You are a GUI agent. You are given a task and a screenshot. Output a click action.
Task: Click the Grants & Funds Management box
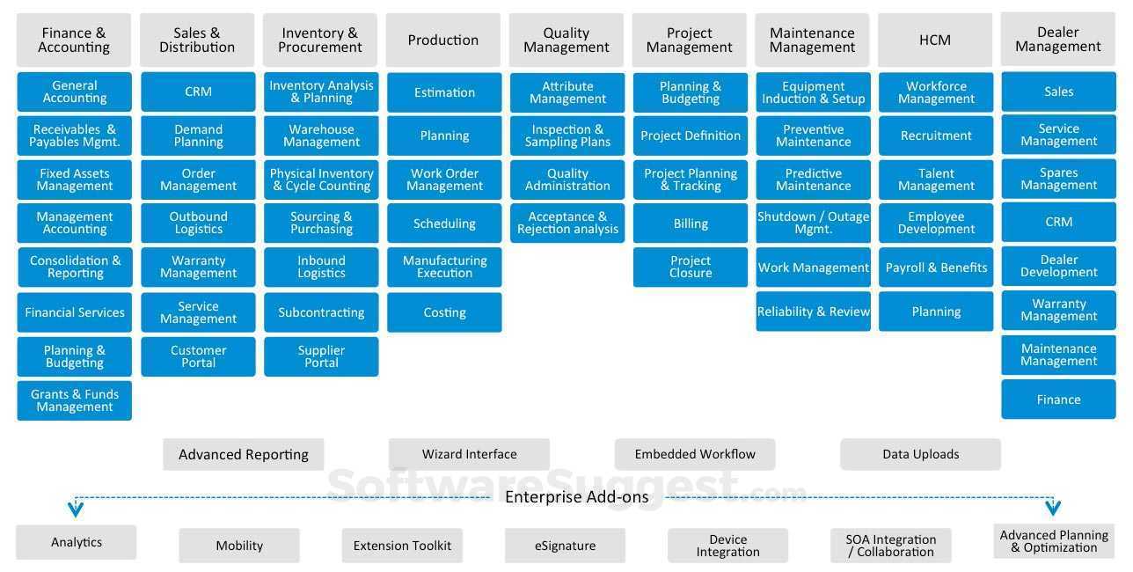75,400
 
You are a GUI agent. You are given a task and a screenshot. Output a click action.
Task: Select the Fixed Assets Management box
75,180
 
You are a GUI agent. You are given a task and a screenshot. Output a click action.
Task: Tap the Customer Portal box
198,356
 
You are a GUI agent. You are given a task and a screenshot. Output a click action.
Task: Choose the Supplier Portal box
321,356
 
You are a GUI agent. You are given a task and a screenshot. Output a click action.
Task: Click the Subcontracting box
321,312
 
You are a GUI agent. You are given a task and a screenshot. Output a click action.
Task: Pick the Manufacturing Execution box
444,267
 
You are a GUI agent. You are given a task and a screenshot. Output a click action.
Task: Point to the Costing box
444,312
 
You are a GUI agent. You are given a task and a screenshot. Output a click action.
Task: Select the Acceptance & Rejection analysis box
567,223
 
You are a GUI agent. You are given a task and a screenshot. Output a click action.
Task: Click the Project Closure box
691,267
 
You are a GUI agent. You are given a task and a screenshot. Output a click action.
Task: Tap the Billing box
691,224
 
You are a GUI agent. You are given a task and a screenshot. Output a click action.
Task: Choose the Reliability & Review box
814,312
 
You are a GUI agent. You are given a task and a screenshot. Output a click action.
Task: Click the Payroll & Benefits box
936,268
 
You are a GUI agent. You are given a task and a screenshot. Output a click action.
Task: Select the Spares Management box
1058,179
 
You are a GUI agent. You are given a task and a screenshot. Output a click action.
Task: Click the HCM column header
935,40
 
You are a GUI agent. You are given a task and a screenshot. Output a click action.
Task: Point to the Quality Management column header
566,40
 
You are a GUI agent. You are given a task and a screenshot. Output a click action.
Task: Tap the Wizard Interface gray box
469,454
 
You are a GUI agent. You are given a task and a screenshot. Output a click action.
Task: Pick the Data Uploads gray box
920,454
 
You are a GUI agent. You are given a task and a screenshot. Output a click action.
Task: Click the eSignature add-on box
565,546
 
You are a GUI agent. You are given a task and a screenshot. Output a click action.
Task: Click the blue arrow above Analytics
76,509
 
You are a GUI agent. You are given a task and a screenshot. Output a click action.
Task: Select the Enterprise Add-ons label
576,497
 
